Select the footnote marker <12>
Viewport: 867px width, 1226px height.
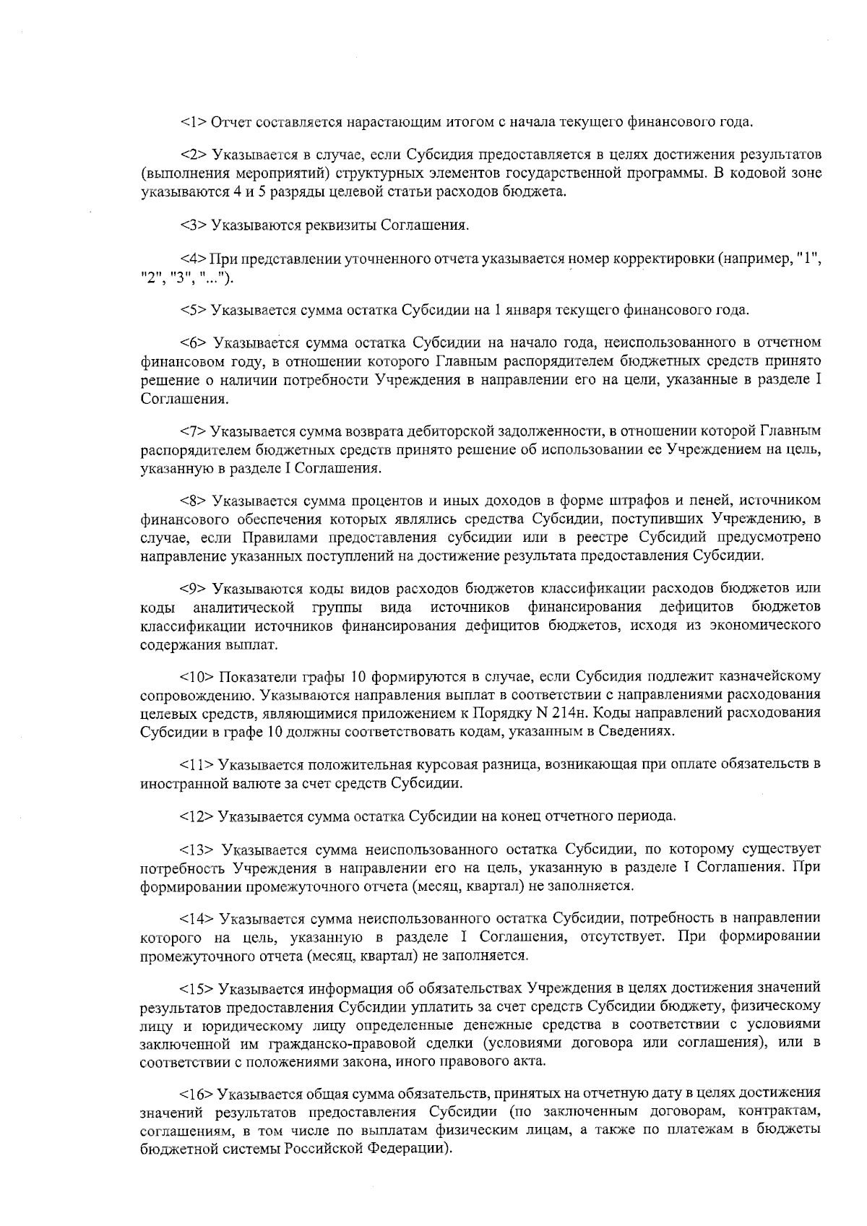[197, 816]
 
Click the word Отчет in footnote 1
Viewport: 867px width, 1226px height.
[227, 121]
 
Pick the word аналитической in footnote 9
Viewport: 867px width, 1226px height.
[244, 606]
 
